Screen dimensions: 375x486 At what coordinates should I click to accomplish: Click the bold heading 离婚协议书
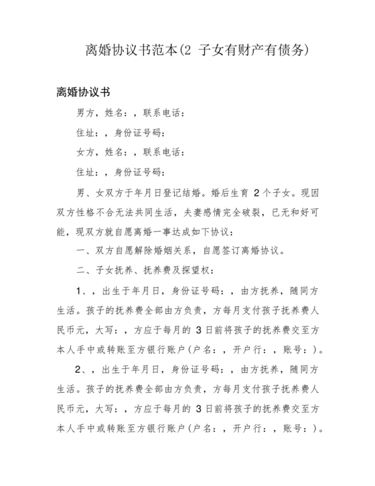83,92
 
